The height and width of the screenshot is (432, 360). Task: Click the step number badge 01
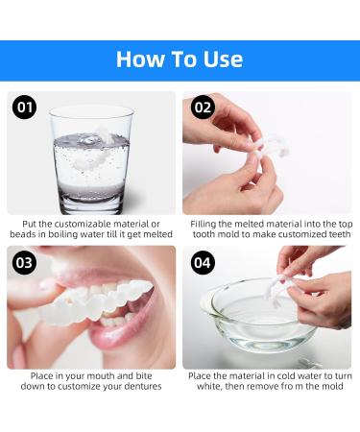coord(25,108)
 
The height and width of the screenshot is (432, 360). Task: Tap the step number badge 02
coord(203,108)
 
